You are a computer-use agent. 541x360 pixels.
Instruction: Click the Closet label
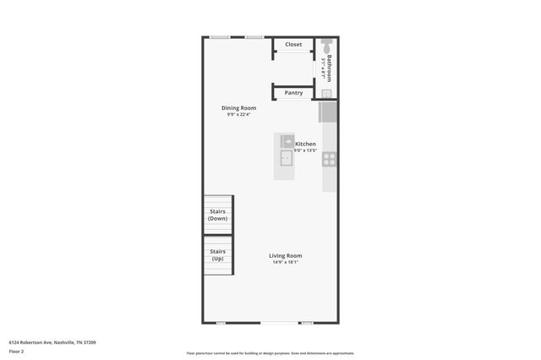[293, 45]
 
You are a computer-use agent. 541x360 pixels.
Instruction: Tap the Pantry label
[293, 93]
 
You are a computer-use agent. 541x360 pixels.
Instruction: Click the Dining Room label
[238, 108]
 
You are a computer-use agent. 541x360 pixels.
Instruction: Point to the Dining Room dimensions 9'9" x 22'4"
[238, 115]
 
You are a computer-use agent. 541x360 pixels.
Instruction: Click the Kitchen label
[305, 144]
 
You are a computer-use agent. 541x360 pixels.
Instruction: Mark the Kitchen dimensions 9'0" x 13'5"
[305, 150]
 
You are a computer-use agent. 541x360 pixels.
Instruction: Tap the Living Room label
[286, 255]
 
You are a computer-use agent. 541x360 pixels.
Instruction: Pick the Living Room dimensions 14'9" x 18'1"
[286, 262]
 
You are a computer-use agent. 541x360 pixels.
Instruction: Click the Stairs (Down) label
[217, 215]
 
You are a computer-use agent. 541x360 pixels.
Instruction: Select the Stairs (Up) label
[217, 254]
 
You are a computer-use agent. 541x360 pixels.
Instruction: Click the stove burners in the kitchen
[329, 157]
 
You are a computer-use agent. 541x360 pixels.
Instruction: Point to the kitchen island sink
[287, 157]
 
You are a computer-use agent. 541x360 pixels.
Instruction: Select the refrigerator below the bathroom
[328, 112]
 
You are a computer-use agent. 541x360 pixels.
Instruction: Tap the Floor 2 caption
[17, 351]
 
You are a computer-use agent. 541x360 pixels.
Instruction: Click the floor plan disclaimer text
[270, 353]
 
